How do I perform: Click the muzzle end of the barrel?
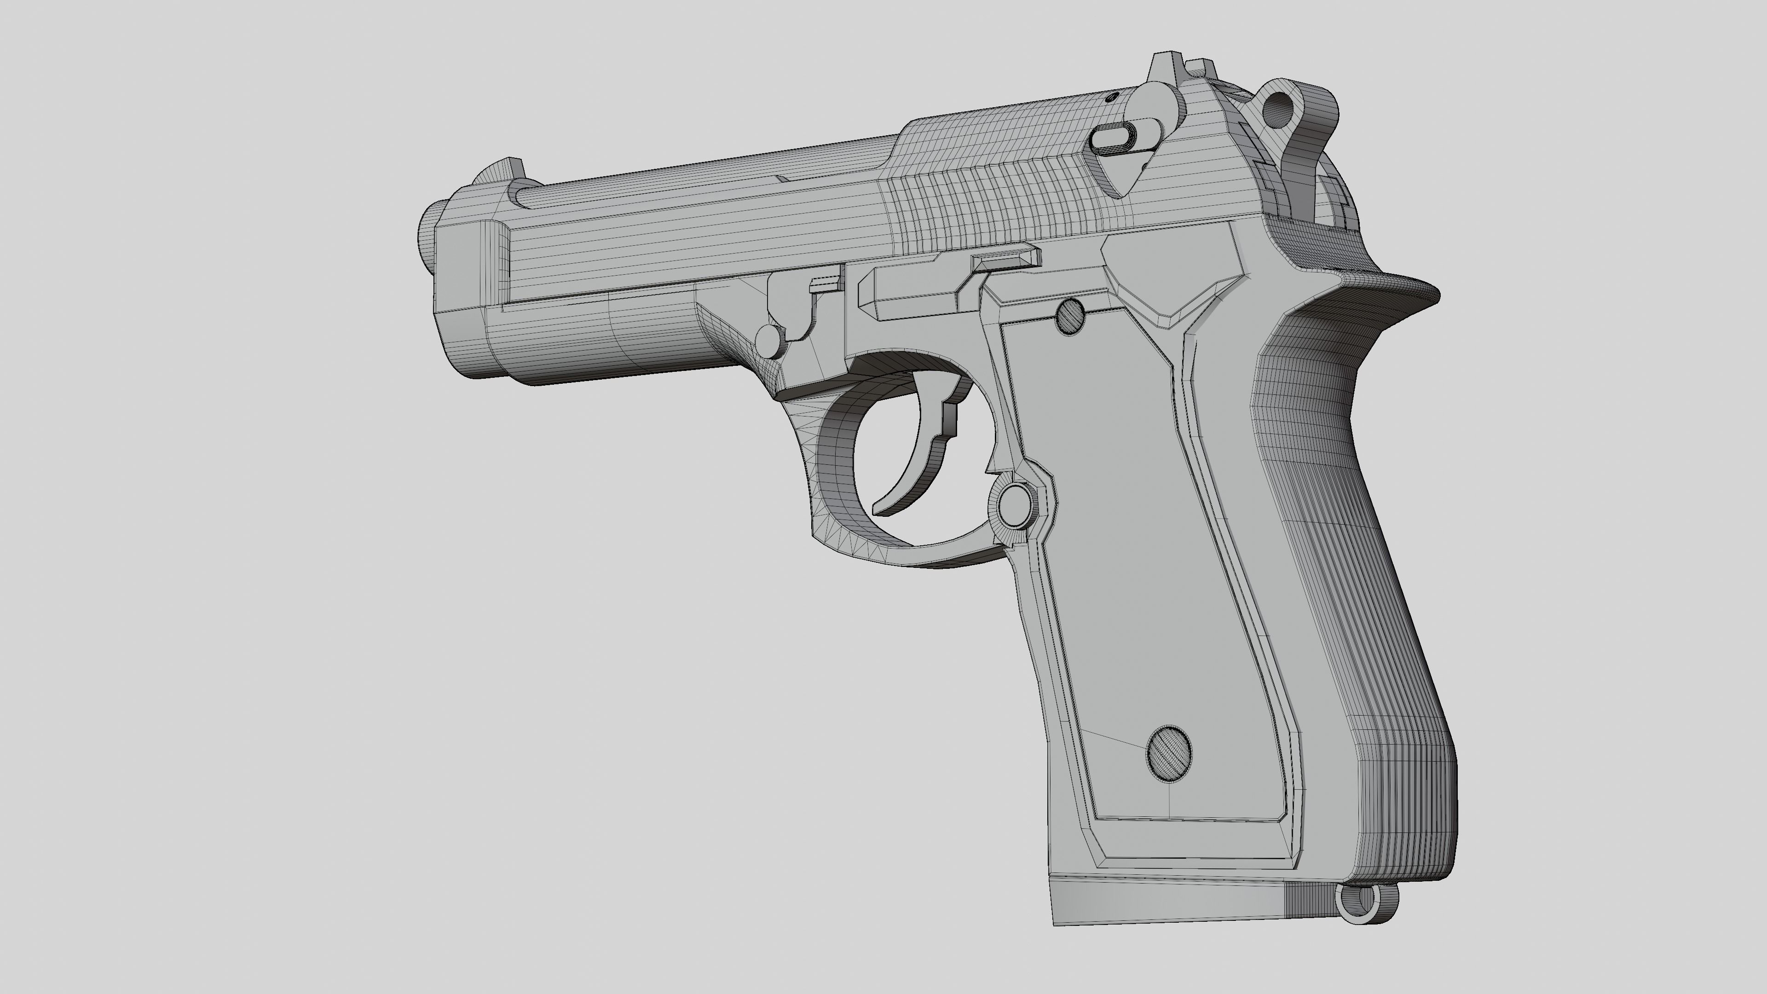tap(427, 233)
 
